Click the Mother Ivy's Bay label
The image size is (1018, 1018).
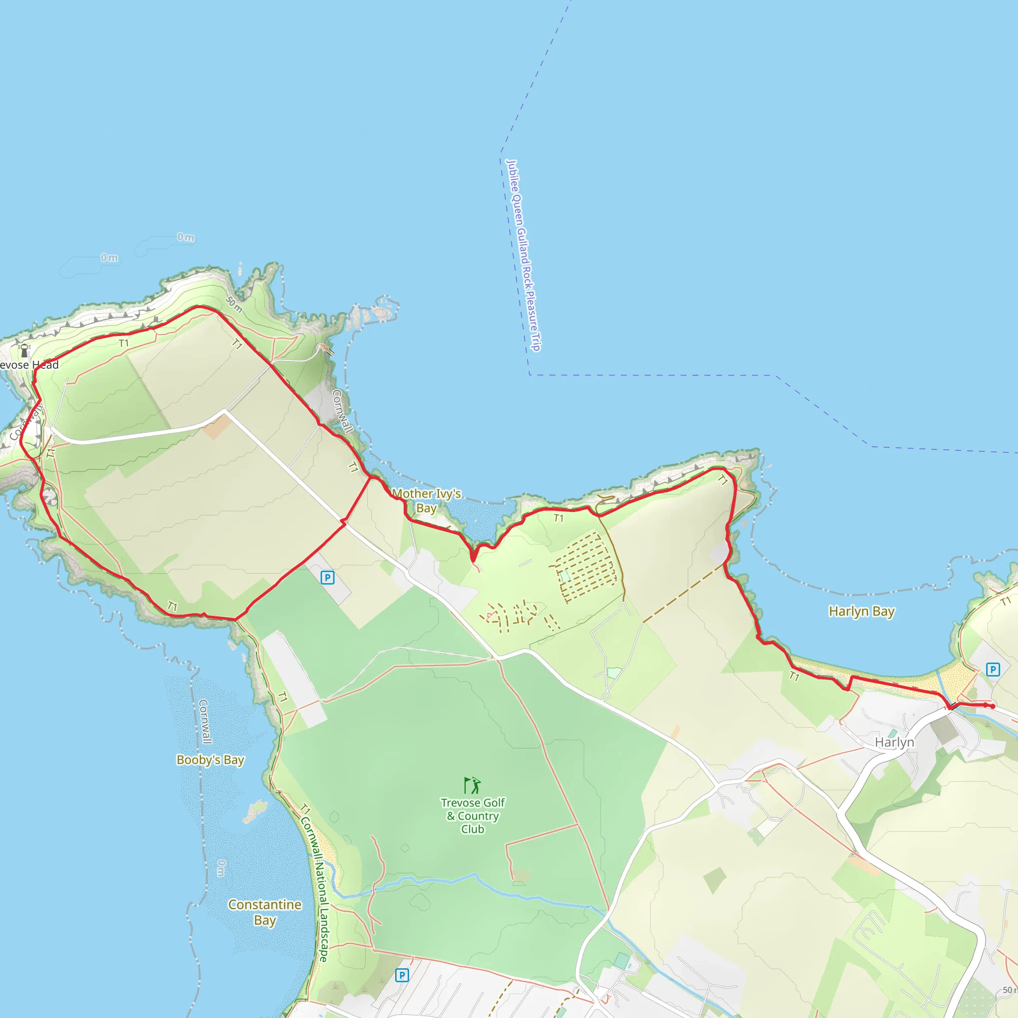tap(426, 501)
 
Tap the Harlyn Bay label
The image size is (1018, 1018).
tap(861, 611)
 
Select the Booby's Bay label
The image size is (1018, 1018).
tap(210, 760)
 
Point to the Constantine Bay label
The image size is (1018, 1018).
tap(264, 912)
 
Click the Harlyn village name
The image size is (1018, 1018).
tap(894, 742)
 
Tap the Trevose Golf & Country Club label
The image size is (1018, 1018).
tap(473, 816)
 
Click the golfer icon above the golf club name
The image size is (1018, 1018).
tap(472, 785)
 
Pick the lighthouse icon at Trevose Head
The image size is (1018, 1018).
tap(24, 350)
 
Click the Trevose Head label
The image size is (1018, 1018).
tap(29, 365)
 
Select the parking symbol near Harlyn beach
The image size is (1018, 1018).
tap(993, 670)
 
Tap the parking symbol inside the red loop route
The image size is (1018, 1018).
tap(327, 578)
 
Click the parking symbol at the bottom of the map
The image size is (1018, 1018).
tap(402, 975)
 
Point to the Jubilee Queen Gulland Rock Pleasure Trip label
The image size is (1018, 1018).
tap(523, 255)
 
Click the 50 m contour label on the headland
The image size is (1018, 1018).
tap(234, 304)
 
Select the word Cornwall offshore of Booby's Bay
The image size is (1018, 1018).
tap(204, 721)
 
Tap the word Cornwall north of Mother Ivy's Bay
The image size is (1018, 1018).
tap(342, 411)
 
